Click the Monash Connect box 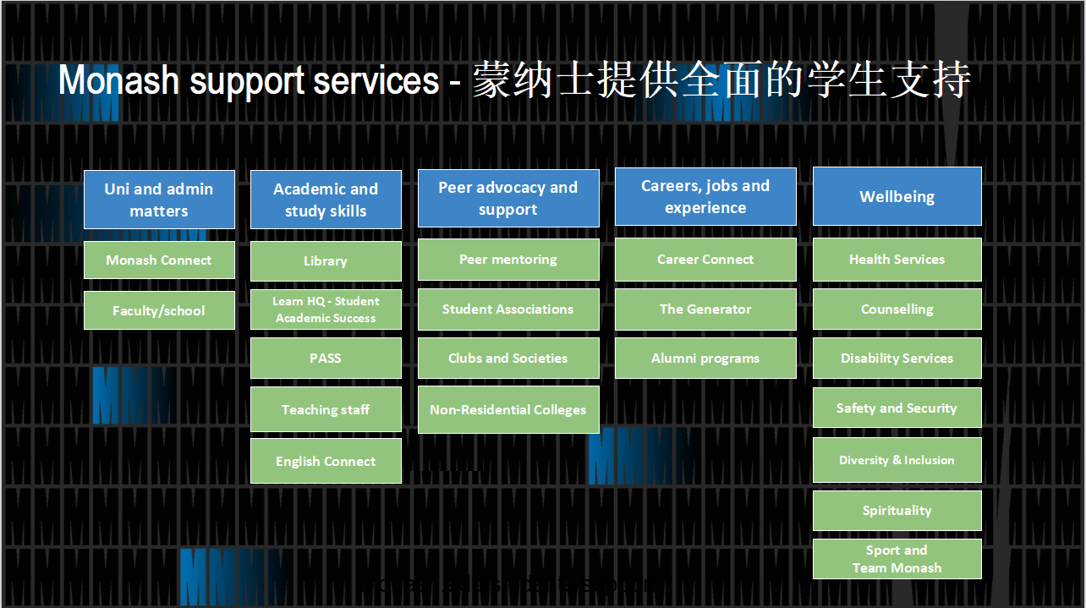pos(159,260)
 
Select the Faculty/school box pos(159,310)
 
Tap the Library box pos(326,261)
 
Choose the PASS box pos(326,359)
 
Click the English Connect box pos(326,462)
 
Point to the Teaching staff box pos(326,410)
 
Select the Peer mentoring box pos(508,260)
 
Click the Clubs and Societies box pos(508,359)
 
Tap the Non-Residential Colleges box pos(508,410)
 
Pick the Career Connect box pos(705,260)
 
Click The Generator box pos(705,309)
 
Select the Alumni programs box pos(705,359)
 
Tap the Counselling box pos(897,309)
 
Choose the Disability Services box pos(897,359)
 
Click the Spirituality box pos(897,511)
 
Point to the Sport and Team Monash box pos(897,559)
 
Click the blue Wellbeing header pos(897,196)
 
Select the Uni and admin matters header pos(159,200)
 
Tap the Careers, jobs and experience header pos(705,196)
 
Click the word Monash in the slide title pos(119,81)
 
